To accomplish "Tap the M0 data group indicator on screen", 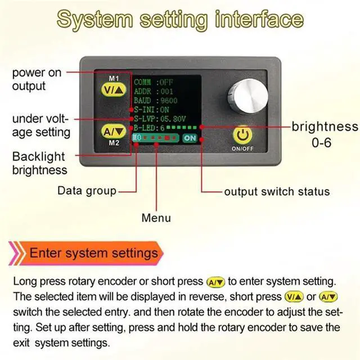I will pos(138,138).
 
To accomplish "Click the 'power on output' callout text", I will pos(37,79).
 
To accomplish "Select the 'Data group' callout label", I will pos(87,191).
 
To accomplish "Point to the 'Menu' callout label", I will pos(156,218).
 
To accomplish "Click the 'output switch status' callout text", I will pos(277,191).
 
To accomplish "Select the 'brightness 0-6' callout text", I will pos(324,134).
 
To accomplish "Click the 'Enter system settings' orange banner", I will pos(93,253).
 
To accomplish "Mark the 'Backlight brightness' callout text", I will pos(39,163).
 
